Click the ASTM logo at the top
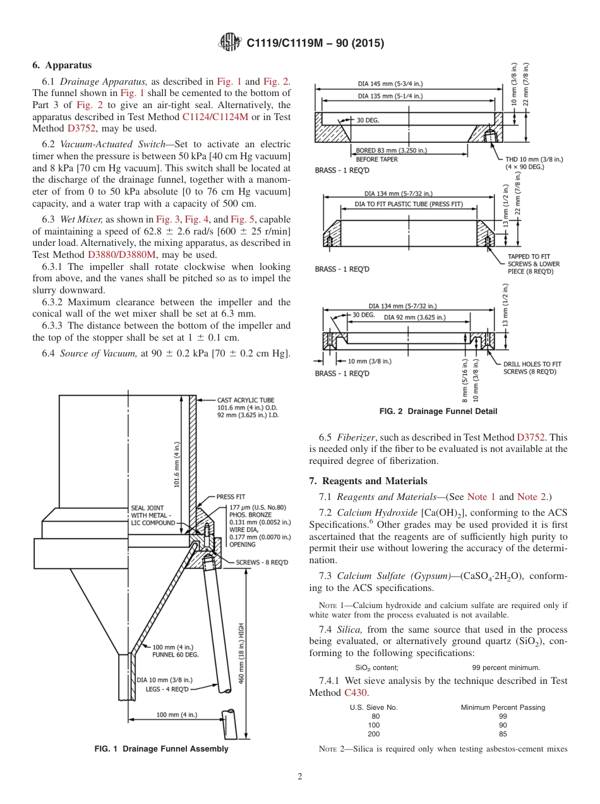point(229,43)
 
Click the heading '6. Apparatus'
point(62,65)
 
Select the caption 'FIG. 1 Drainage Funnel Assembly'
point(161,749)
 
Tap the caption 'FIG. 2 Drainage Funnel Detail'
point(438,411)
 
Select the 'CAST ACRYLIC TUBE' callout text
point(246,400)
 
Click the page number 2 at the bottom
point(300,777)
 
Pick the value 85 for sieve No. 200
point(502,734)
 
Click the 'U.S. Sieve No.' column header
point(373,707)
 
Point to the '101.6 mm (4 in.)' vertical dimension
point(177,465)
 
